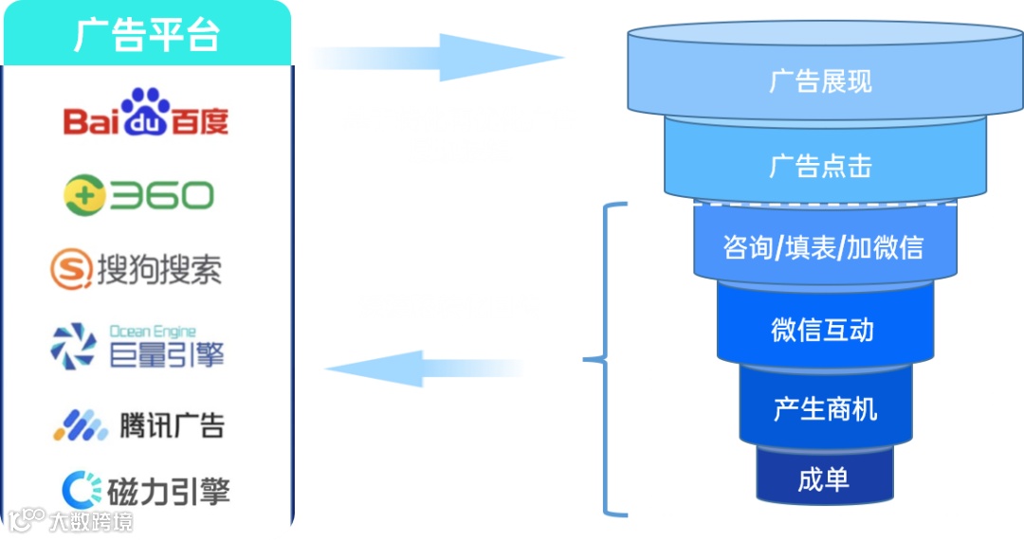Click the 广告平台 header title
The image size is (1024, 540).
tap(146, 35)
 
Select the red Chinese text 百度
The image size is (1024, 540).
tap(199, 121)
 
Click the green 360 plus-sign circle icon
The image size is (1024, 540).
tap(84, 196)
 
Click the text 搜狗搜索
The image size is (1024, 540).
tap(159, 270)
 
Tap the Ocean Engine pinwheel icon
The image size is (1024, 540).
tap(74, 346)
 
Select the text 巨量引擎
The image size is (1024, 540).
tap(167, 355)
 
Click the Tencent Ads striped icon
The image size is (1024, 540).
tap(80, 425)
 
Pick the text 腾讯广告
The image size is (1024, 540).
tap(172, 425)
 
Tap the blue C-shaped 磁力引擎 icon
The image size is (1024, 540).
tap(82, 489)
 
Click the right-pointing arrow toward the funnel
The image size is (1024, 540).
tap(436, 58)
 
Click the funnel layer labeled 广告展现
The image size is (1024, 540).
tap(820, 81)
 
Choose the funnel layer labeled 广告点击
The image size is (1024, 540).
tap(820, 166)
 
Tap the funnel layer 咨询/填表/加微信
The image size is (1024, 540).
tap(822, 247)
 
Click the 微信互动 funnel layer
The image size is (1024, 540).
tap(822, 330)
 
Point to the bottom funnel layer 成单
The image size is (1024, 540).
tap(823, 479)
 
